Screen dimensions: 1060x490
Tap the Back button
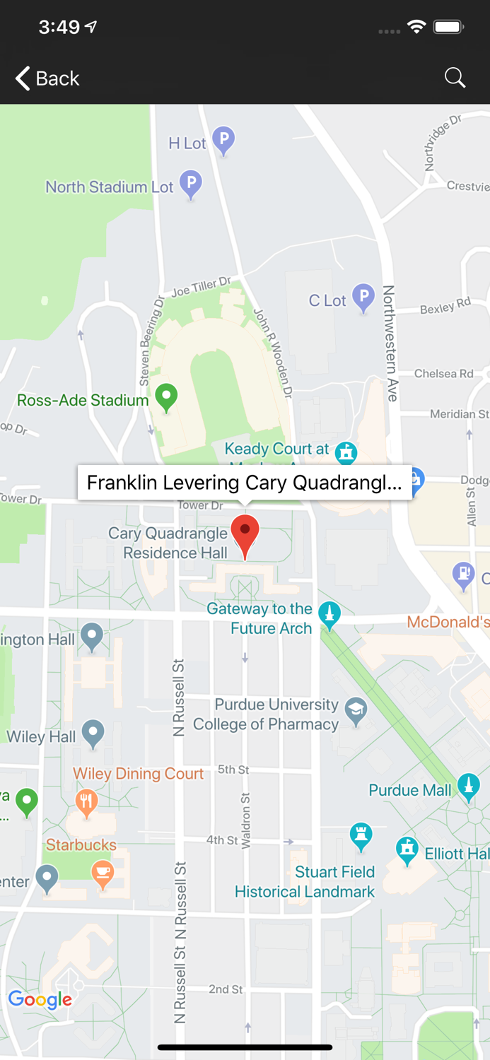click(x=47, y=78)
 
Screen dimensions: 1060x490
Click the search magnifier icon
click(x=455, y=78)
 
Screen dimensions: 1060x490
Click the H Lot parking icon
click(x=223, y=140)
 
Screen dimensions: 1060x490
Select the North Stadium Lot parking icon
click(x=190, y=184)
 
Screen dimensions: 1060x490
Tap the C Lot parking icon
click(x=363, y=297)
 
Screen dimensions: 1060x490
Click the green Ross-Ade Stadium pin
click(x=166, y=396)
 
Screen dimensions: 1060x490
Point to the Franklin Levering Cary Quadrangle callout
click(x=245, y=483)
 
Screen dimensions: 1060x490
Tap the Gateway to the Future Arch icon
click(x=329, y=614)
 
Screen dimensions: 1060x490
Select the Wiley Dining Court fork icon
click(x=86, y=802)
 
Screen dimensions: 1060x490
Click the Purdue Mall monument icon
click(x=467, y=787)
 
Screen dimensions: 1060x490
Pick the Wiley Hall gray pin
click(x=93, y=733)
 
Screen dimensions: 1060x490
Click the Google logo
click(x=40, y=999)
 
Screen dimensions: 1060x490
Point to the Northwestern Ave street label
click(x=390, y=343)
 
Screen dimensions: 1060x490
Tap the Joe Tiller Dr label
click(x=201, y=287)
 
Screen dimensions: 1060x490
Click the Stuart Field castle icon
click(x=361, y=836)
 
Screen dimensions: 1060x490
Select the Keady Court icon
click(x=346, y=451)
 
